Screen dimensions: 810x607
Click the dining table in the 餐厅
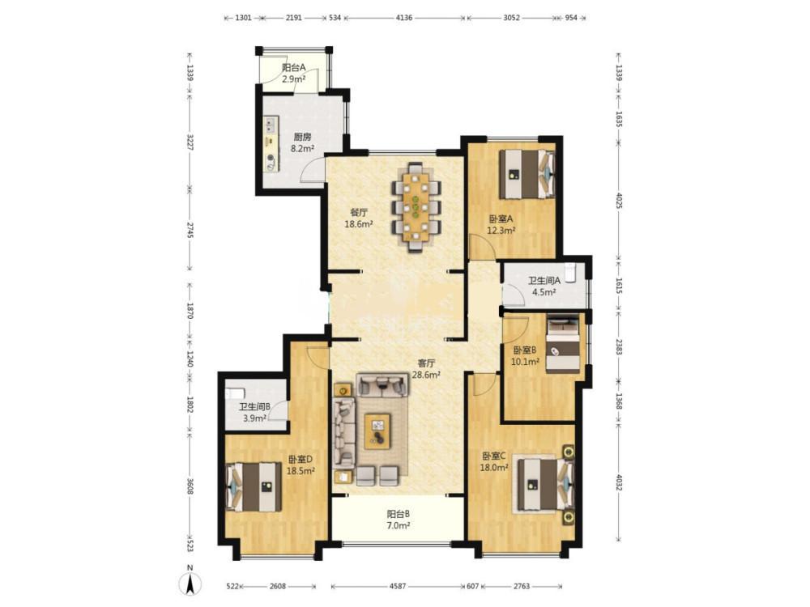[416, 207]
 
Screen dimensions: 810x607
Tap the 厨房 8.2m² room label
[302, 143]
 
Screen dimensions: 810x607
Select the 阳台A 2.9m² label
[293, 74]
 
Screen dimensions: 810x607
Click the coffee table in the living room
[377, 431]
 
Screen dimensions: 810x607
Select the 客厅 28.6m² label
[426, 369]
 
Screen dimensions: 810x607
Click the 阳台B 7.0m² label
[399, 520]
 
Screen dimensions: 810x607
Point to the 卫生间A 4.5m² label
[544, 286]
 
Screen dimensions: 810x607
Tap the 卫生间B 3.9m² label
[254, 413]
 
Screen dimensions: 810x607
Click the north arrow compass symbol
[190, 584]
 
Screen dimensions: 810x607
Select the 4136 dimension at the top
[404, 18]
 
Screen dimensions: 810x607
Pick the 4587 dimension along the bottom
[398, 586]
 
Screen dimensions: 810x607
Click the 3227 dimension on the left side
[190, 142]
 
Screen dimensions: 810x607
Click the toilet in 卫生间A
[570, 273]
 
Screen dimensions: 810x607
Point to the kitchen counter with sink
[271, 144]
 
